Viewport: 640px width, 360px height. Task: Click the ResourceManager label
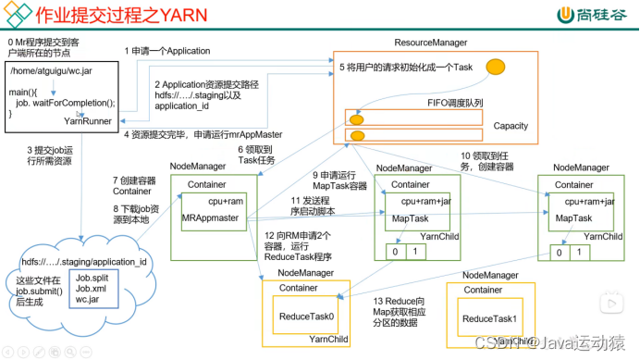pos(430,43)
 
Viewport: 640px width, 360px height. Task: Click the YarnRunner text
pos(88,120)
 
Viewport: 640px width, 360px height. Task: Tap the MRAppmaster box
pos(212,217)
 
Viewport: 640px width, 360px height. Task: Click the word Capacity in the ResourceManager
pos(511,125)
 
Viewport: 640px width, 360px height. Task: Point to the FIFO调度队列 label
pos(455,103)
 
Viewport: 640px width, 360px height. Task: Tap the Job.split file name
pos(93,277)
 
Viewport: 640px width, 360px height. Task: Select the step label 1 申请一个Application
pos(168,51)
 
